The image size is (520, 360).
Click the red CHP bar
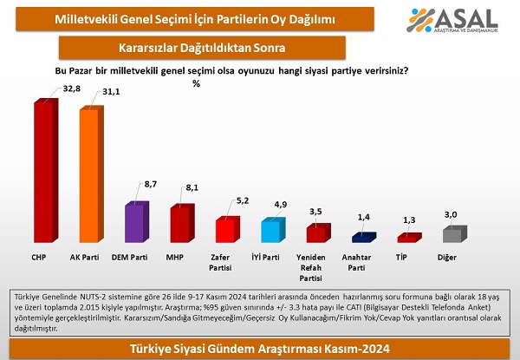pos(44,171)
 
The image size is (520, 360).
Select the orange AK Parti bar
pos(91,175)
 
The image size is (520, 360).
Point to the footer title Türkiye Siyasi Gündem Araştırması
pos(260,349)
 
